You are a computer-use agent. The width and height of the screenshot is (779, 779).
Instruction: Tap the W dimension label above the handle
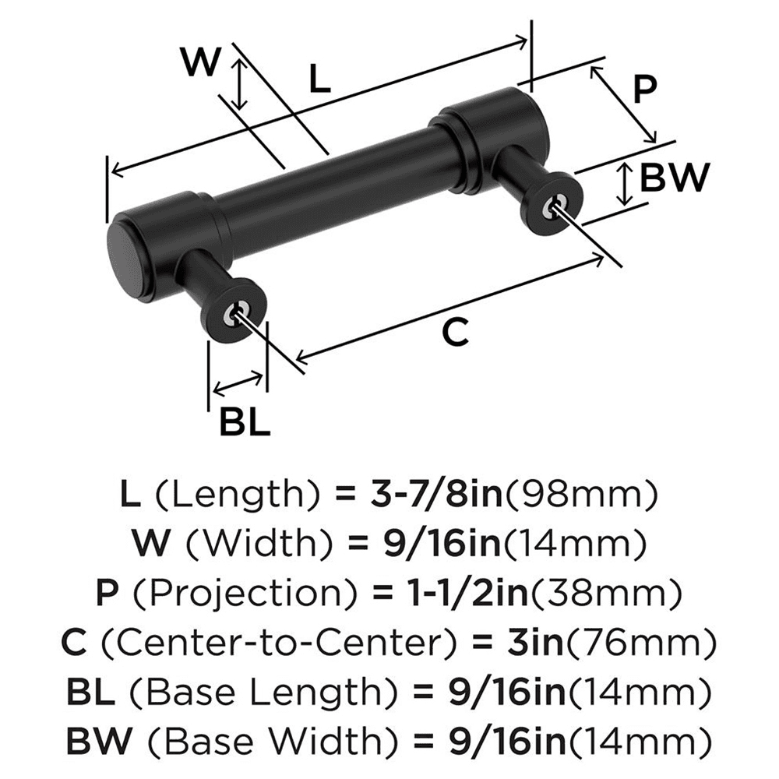pos(200,62)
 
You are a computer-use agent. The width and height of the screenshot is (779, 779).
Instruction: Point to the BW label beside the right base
pos(674,179)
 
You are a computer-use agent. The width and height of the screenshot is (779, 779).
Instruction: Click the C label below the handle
pos(454,333)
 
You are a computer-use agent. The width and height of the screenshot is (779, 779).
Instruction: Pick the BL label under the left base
pos(244,422)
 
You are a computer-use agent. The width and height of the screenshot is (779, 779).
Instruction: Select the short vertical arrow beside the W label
pos(241,84)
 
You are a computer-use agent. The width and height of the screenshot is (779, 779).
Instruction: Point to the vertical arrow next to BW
pos(624,185)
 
